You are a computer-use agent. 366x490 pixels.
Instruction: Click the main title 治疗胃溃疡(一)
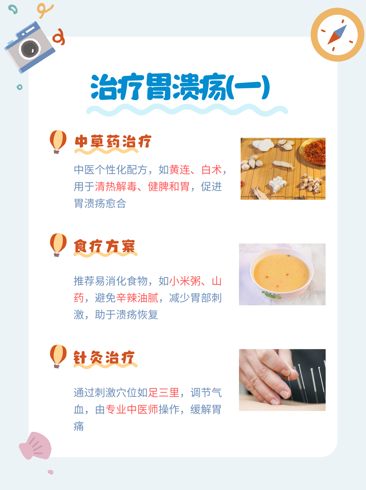tap(180, 87)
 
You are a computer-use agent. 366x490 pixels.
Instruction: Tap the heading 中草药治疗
tap(113, 141)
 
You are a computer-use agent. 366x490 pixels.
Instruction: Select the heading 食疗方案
tap(105, 246)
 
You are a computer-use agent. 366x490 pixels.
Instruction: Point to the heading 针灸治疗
tap(104, 357)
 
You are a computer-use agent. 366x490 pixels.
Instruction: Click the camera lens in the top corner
tap(30, 49)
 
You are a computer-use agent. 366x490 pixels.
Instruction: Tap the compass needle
tap(337, 35)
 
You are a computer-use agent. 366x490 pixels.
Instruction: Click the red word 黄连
tap(180, 170)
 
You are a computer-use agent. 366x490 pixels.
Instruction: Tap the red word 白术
tap(212, 170)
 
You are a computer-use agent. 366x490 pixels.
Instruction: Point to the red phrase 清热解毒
tap(116, 186)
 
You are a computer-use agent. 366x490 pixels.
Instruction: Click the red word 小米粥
tap(185, 281)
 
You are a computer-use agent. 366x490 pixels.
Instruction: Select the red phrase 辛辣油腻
tap(137, 298)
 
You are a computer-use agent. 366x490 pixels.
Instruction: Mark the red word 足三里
tap(164, 393)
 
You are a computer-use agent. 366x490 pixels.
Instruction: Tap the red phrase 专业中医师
tap(132, 409)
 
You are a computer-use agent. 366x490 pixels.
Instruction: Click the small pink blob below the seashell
tap(51, 472)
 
